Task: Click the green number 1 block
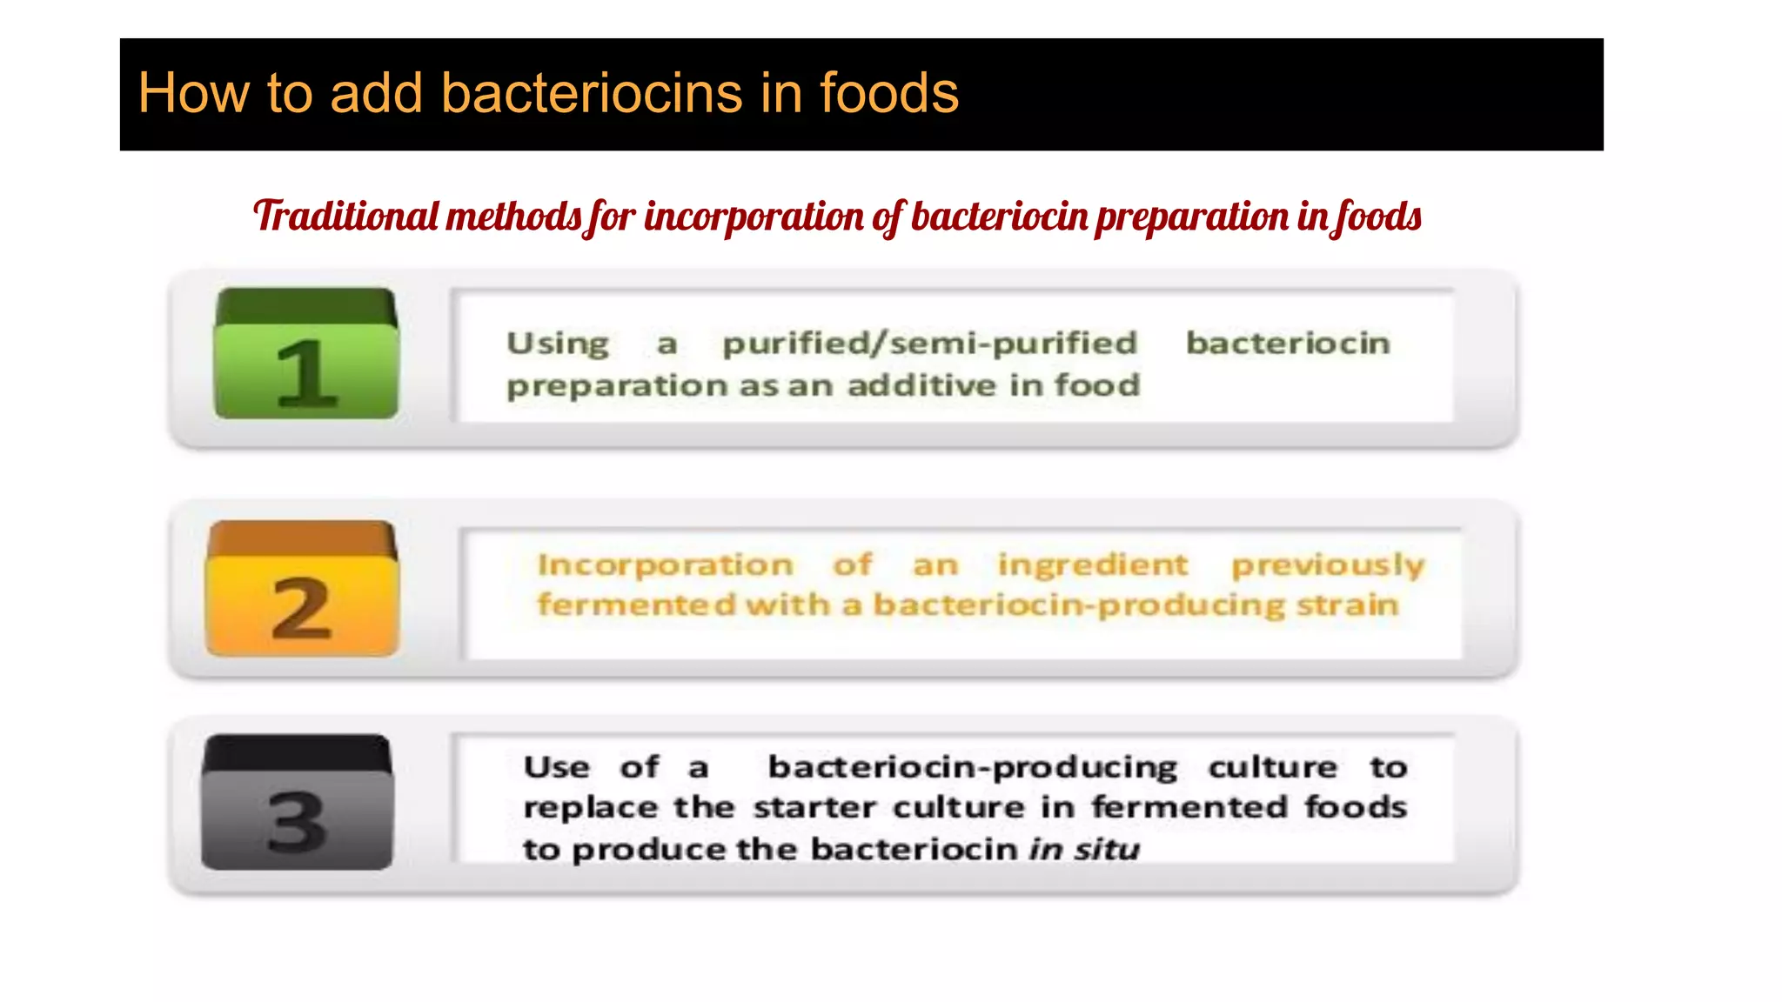click(306, 355)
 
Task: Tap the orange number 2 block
click(302, 590)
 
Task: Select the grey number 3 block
click(297, 803)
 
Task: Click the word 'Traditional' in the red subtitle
click(345, 216)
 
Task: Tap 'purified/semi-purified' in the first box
click(929, 343)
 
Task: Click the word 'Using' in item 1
click(558, 344)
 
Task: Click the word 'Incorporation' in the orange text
click(666, 564)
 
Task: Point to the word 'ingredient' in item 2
click(1092, 564)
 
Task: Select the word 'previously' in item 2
click(1328, 565)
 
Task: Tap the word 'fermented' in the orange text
click(636, 604)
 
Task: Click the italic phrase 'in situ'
click(1083, 848)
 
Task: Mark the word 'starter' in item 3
click(815, 807)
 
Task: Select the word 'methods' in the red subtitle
click(512, 216)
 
